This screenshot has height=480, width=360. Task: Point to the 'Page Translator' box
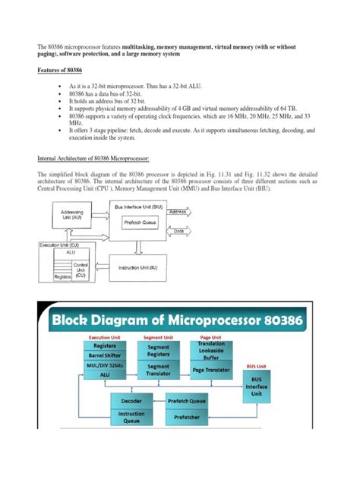pyautogui.click(x=212, y=370)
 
